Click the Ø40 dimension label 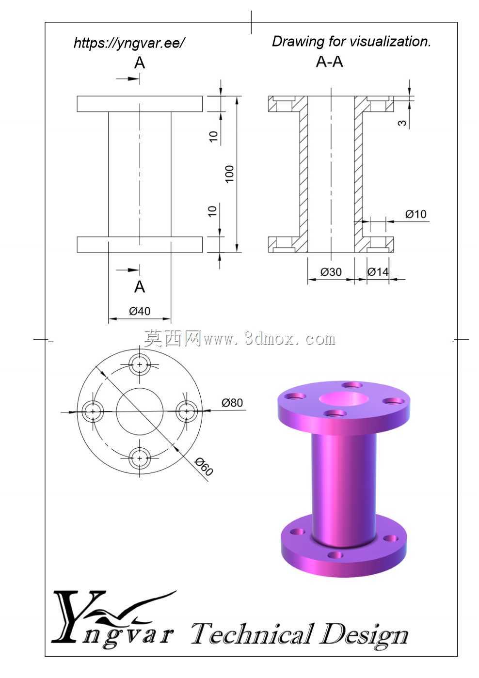coord(140,311)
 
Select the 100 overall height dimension coord(230,173)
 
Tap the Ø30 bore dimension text coord(331,272)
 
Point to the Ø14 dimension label coord(378,272)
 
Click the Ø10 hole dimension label coord(415,214)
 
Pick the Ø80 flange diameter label coord(232,403)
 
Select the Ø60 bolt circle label coord(204,466)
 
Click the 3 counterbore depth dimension coord(402,123)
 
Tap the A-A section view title coord(329,62)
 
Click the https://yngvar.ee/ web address coord(128,43)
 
